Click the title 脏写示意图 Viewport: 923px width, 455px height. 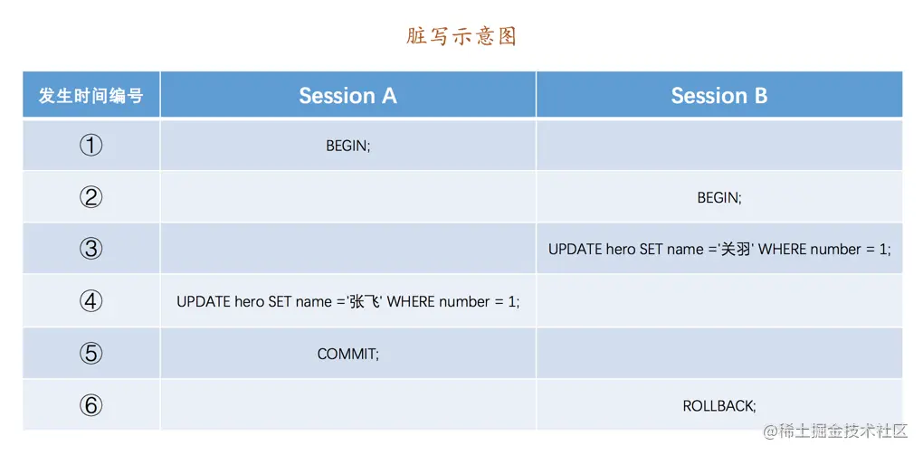pyautogui.click(x=461, y=36)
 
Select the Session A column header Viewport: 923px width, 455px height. pyautogui.click(x=347, y=95)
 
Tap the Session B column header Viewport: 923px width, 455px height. pyautogui.click(x=719, y=95)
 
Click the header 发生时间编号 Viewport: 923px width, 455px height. pyautogui.click(x=91, y=95)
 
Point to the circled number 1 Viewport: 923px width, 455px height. pyautogui.click(x=90, y=146)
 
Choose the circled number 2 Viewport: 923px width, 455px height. pyautogui.click(x=90, y=197)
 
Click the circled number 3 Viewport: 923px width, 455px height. pyautogui.click(x=90, y=249)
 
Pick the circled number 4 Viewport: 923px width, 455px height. pyautogui.click(x=90, y=301)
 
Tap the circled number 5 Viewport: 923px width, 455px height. pyautogui.click(x=90, y=353)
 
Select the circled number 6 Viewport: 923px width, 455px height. pyautogui.click(x=90, y=405)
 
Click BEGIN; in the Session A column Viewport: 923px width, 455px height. pyautogui.click(x=347, y=146)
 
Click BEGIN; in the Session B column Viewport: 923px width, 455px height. pyautogui.click(x=719, y=198)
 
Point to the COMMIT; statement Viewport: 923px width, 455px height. pyautogui.click(x=347, y=354)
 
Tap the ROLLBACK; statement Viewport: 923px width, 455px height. pyautogui.click(x=719, y=405)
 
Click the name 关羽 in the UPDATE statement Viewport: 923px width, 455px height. pyautogui.click(x=737, y=250)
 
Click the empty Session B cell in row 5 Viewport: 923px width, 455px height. pyautogui.click(x=719, y=353)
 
